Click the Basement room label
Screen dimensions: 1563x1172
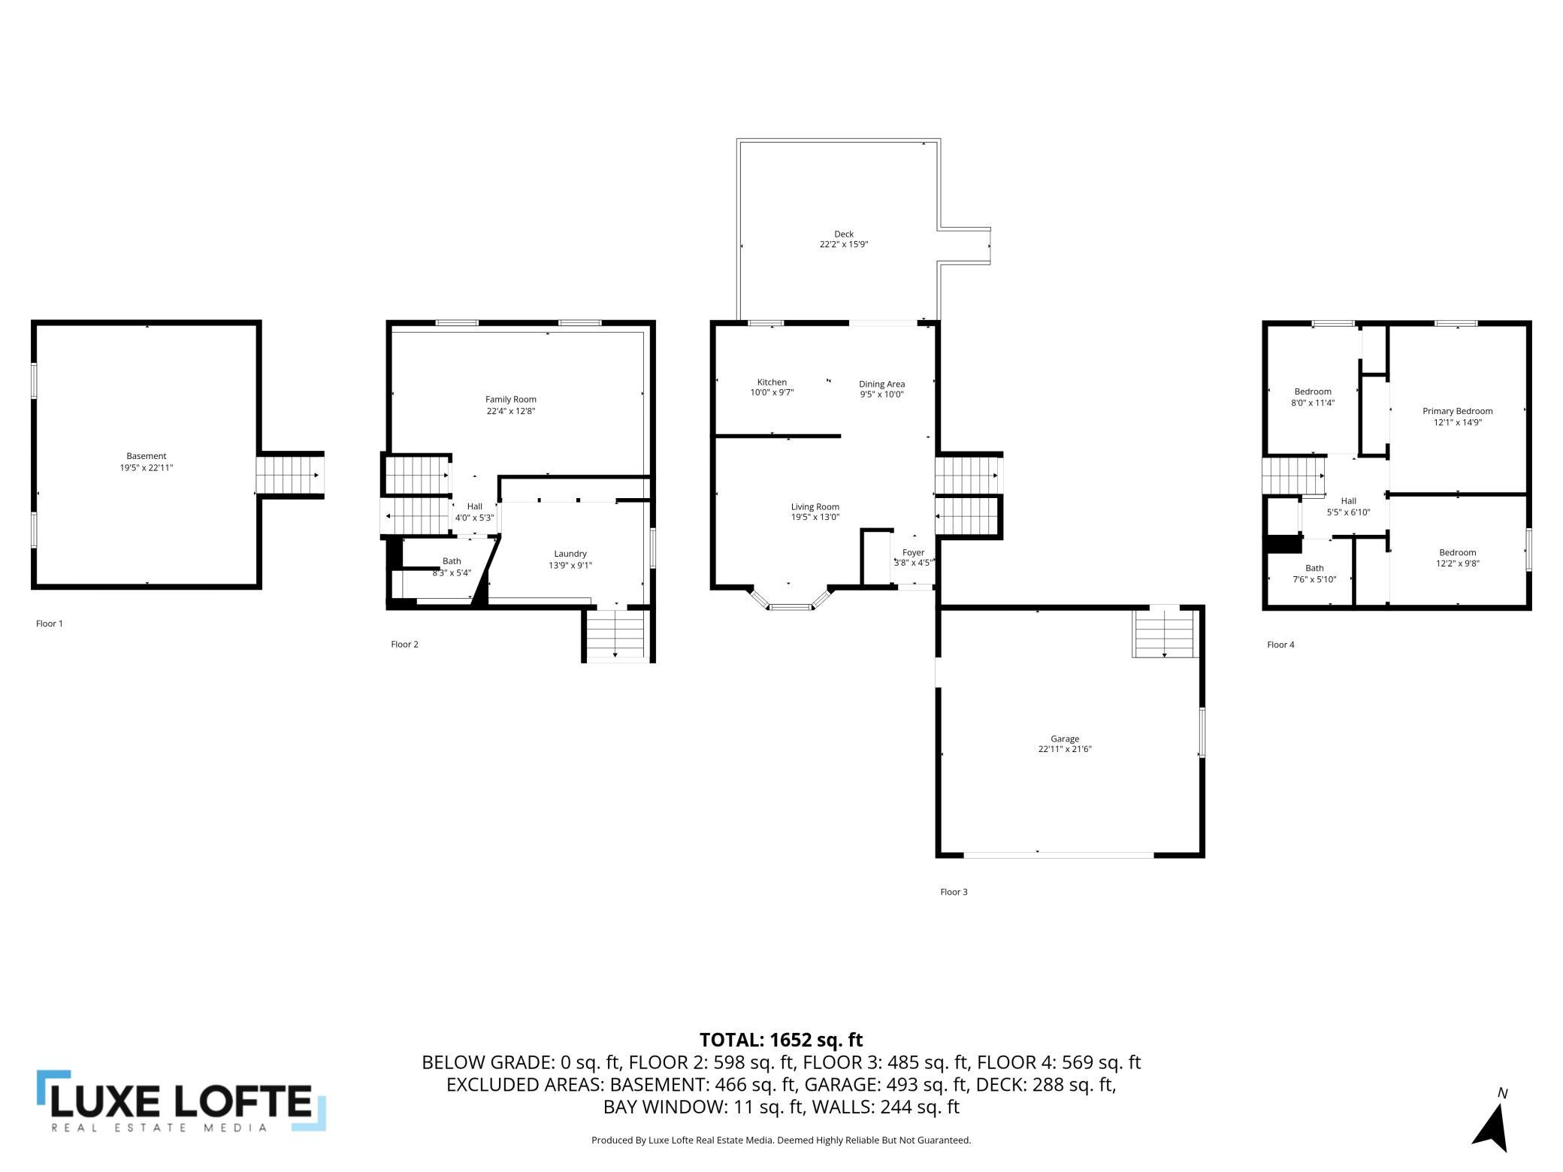click(147, 456)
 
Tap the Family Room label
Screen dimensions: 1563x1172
click(511, 400)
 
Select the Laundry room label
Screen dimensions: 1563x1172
click(570, 554)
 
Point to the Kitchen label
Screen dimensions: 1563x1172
click(772, 382)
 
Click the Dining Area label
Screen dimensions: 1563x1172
click(882, 384)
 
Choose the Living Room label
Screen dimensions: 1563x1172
click(815, 507)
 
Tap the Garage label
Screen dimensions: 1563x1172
click(1065, 739)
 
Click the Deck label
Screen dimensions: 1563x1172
click(844, 234)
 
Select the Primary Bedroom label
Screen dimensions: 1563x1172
click(1458, 411)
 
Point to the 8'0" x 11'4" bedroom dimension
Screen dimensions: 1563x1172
click(1313, 403)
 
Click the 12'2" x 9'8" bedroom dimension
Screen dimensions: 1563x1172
click(1458, 563)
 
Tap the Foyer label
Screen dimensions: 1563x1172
click(914, 553)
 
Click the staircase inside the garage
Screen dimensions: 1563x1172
click(1165, 633)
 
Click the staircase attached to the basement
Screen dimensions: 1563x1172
click(292, 475)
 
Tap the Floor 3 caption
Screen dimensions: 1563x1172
click(954, 892)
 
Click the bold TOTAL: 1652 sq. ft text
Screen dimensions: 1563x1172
click(781, 1040)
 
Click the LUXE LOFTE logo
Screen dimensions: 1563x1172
click(181, 1101)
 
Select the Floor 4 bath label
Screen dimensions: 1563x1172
click(1314, 569)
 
